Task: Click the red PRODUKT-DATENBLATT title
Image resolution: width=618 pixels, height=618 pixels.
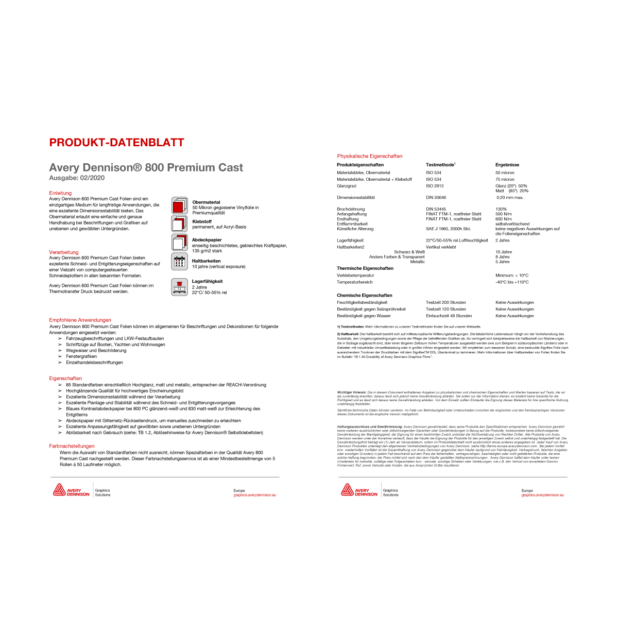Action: pyautogui.click(x=116, y=143)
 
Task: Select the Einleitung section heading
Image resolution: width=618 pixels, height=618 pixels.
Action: pyautogui.click(x=60, y=193)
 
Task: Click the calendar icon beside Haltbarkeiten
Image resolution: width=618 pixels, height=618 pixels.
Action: pyautogui.click(x=179, y=262)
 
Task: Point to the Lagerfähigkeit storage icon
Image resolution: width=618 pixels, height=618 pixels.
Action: pyautogui.click(x=179, y=287)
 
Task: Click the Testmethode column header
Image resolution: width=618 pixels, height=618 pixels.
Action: pyautogui.click(x=440, y=165)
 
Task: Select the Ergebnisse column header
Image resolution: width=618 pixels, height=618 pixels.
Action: pyautogui.click(x=507, y=165)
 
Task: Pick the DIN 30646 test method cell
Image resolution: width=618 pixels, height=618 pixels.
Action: pyautogui.click(x=436, y=197)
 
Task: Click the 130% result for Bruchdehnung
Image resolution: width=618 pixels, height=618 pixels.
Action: pyautogui.click(x=501, y=209)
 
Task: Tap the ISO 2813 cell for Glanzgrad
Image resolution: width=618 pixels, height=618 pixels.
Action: pyautogui.click(x=435, y=186)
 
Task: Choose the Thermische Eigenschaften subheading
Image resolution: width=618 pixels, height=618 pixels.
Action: pyautogui.click(x=365, y=268)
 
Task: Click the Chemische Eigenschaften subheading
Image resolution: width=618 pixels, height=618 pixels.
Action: pyautogui.click(x=365, y=296)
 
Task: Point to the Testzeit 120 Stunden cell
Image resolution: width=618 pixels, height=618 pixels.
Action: pyautogui.click(x=445, y=309)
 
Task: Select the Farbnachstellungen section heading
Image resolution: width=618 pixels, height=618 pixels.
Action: pyautogui.click(x=72, y=446)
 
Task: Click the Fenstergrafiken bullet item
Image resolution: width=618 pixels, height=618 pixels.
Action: pyautogui.click(x=81, y=356)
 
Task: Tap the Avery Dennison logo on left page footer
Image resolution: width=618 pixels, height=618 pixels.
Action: pyautogui.click(x=71, y=490)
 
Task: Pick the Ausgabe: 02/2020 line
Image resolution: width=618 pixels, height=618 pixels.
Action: pyautogui.click(x=77, y=178)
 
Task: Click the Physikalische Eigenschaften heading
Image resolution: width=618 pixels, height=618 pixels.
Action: pyautogui.click(x=370, y=156)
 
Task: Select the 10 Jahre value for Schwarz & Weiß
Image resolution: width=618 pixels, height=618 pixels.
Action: pyautogui.click(x=504, y=252)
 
